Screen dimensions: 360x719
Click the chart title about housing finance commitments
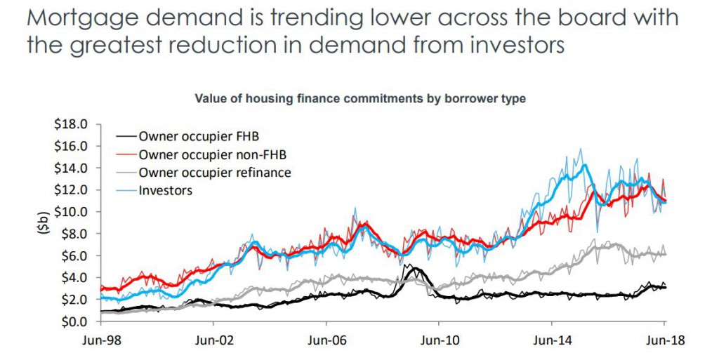coord(359,99)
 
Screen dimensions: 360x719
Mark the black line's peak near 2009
coord(414,267)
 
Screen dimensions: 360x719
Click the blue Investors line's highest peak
coord(581,149)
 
